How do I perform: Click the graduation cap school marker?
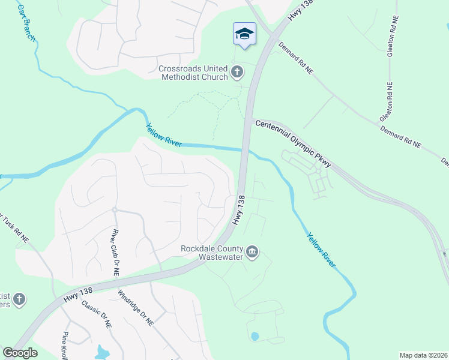click(x=244, y=34)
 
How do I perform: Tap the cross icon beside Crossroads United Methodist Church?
click(x=237, y=73)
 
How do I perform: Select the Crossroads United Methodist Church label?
click(x=193, y=73)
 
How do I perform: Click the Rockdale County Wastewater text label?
click(x=213, y=253)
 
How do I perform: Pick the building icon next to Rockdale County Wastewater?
click(x=253, y=252)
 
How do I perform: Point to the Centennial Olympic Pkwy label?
click(x=294, y=142)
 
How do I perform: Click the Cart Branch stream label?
click(x=26, y=23)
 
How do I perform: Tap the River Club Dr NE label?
click(x=114, y=252)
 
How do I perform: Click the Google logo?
click(x=20, y=353)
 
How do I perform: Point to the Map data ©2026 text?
click(x=423, y=355)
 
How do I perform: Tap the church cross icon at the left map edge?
click(x=19, y=299)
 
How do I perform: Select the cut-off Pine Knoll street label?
click(x=64, y=347)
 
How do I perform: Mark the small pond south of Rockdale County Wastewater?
click(x=255, y=336)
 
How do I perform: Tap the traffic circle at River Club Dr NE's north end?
click(x=113, y=209)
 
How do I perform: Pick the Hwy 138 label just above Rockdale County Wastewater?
click(x=240, y=209)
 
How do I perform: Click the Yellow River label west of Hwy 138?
click(x=164, y=136)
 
